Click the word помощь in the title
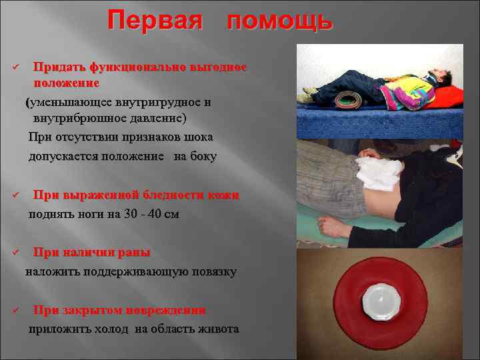(x=279, y=21)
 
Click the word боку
(x=203, y=157)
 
